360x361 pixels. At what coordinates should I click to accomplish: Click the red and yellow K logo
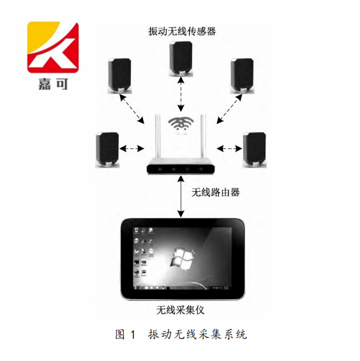[x=53, y=47]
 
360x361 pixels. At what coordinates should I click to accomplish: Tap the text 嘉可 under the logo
[x=53, y=84]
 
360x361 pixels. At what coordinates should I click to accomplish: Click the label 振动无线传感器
[x=182, y=31]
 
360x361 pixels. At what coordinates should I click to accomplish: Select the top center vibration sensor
[x=181, y=59]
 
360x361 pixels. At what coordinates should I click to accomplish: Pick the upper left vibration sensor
[x=119, y=76]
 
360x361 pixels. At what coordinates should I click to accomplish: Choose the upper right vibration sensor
[x=242, y=76]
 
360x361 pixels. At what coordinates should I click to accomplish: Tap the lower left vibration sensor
[x=107, y=150]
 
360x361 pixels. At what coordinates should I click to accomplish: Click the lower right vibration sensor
[x=255, y=150]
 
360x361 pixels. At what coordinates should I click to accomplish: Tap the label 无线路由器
[x=216, y=192]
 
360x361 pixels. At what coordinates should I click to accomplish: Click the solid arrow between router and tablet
[x=181, y=196]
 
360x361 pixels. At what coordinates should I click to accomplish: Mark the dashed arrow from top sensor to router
[x=181, y=95]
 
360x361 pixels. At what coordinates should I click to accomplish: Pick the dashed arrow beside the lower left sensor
[x=131, y=148]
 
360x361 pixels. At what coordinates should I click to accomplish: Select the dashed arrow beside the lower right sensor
[x=229, y=148]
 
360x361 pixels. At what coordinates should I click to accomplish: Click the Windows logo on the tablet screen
[x=183, y=258]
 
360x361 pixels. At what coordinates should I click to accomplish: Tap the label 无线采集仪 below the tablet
[x=181, y=310]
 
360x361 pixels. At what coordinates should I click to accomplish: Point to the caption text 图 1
[x=125, y=334]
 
